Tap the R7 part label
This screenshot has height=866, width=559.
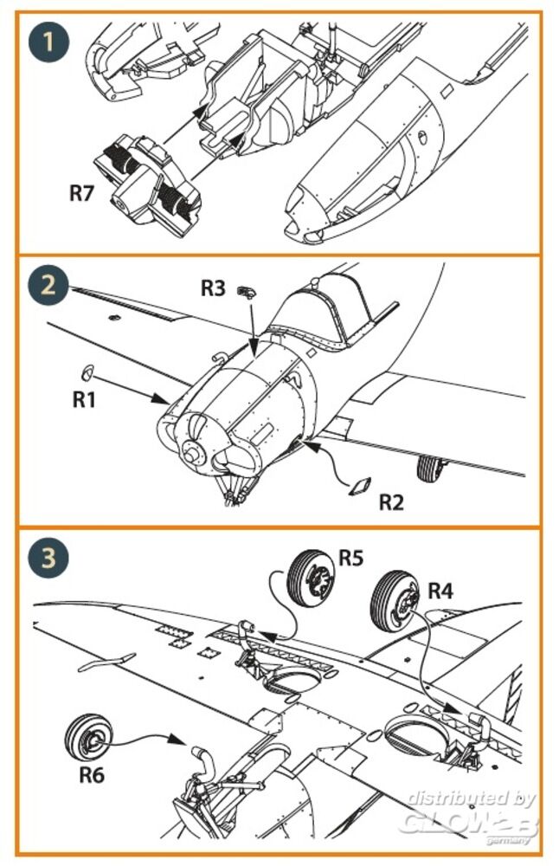(80, 192)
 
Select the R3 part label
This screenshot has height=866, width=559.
(213, 288)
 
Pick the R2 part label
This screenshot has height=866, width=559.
(391, 501)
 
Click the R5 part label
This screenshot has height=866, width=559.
(350, 558)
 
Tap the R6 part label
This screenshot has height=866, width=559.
(92, 773)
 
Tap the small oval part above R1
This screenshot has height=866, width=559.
(85, 373)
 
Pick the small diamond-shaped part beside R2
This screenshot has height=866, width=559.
(357, 486)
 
